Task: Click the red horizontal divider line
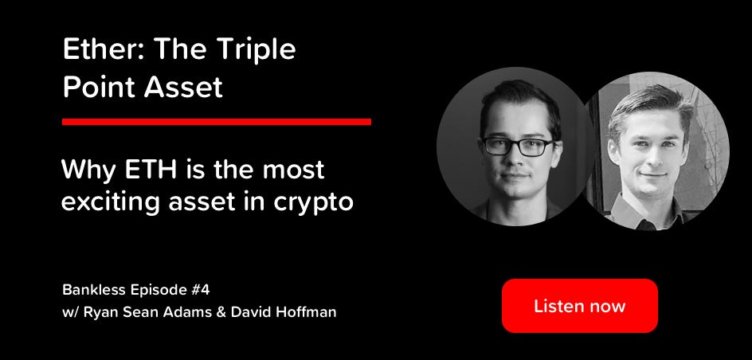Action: pyautogui.click(x=217, y=122)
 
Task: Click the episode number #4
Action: pyautogui.click(x=199, y=290)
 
